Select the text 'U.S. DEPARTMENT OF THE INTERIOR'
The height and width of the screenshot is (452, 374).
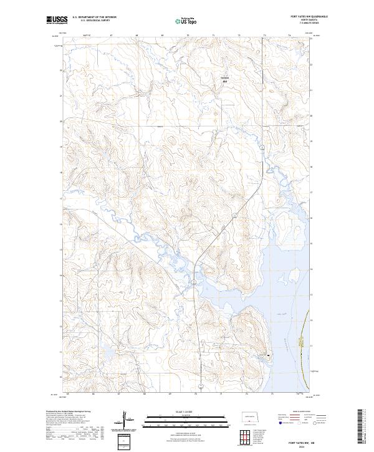tap(94, 18)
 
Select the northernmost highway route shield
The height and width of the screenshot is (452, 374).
tap(263, 147)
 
